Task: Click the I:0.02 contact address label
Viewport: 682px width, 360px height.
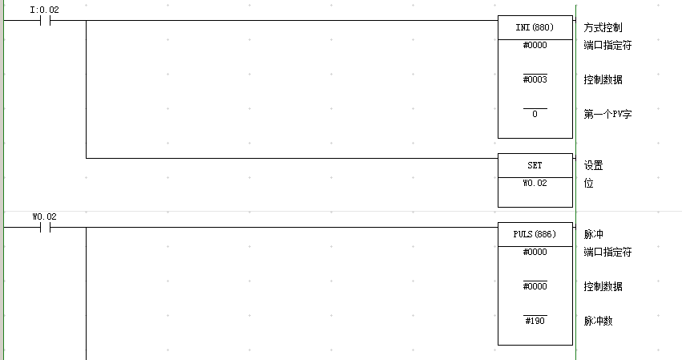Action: pos(44,10)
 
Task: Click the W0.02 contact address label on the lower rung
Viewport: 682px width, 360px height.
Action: pos(44,216)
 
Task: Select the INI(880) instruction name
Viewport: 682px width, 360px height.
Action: pos(535,27)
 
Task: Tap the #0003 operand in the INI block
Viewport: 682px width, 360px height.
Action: pos(535,79)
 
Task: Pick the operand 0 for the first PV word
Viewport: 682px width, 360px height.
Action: pos(535,114)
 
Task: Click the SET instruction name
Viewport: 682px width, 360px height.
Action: pos(535,165)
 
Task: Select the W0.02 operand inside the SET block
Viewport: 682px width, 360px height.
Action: pos(535,183)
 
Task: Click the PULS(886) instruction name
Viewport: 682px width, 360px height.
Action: pos(535,234)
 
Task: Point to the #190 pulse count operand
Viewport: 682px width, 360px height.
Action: pos(535,321)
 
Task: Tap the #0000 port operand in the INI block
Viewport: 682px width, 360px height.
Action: pos(535,45)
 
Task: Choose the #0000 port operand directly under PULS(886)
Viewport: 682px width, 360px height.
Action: pos(535,252)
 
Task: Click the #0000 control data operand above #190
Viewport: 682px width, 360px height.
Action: pos(535,286)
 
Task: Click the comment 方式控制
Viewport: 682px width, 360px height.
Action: pos(603,27)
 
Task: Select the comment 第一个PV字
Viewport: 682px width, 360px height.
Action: pos(607,114)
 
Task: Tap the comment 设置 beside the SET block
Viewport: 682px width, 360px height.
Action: pos(593,165)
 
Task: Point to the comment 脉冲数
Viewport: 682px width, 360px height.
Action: pos(598,321)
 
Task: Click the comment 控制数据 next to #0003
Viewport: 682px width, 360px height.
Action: pos(603,79)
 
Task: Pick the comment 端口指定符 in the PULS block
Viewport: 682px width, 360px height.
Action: pos(607,252)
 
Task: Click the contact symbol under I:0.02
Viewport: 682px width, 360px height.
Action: pos(45,21)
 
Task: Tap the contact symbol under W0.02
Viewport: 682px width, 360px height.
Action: pos(45,227)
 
